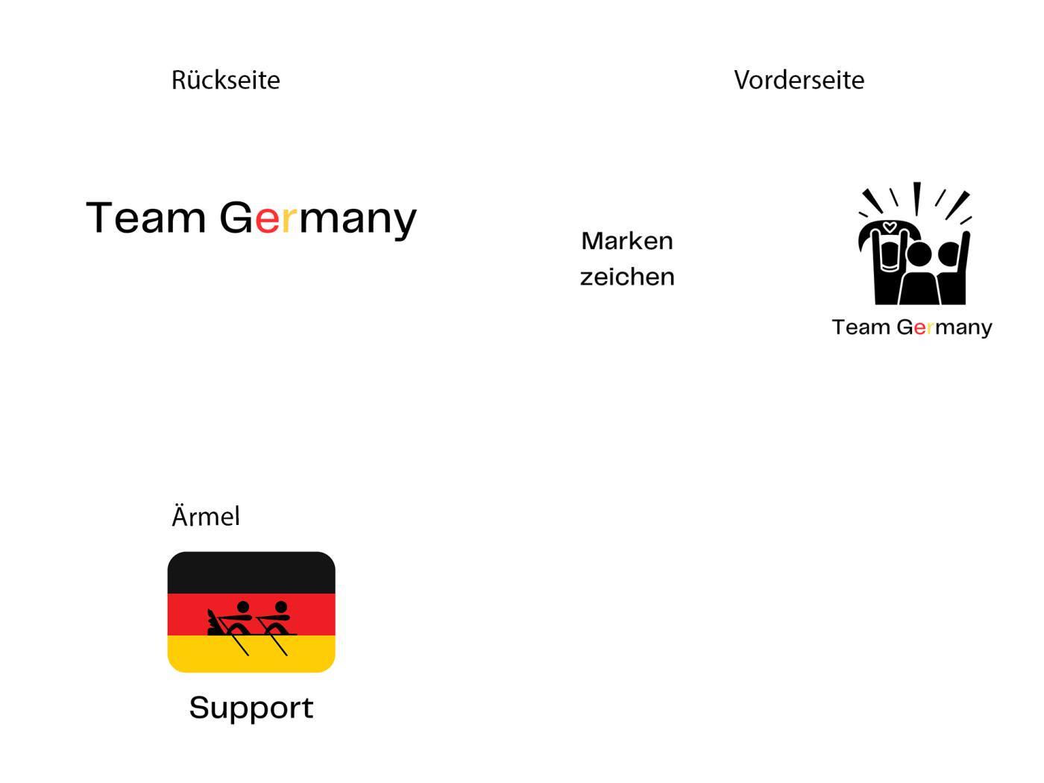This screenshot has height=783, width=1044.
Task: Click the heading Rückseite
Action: pyautogui.click(x=225, y=80)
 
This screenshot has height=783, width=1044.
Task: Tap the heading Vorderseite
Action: pyautogui.click(x=799, y=80)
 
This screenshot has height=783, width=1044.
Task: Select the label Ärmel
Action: pyautogui.click(x=206, y=516)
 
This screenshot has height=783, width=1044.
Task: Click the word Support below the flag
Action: pyautogui.click(x=251, y=708)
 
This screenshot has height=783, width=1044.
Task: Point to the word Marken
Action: pyautogui.click(x=626, y=241)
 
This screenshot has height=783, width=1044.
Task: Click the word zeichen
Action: pyautogui.click(x=627, y=277)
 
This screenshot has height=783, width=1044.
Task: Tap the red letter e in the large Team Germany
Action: pyautogui.click(x=267, y=218)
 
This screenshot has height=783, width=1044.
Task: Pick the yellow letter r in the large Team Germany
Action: pyautogui.click(x=289, y=218)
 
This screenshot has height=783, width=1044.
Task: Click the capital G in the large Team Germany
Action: pyautogui.click(x=236, y=218)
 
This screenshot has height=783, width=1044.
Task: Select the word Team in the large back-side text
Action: pyautogui.click(x=146, y=218)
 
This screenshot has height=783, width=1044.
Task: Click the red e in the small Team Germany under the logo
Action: pyautogui.click(x=920, y=328)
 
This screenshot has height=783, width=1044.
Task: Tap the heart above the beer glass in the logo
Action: pyautogui.click(x=889, y=227)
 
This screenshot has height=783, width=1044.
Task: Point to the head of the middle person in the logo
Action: pyautogui.click(x=919, y=254)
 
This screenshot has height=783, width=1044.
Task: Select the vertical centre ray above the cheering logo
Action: pyautogui.click(x=917, y=198)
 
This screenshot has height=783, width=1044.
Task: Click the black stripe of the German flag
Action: pyautogui.click(x=251, y=573)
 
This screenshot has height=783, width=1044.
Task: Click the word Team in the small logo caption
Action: pyautogui.click(x=861, y=327)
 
